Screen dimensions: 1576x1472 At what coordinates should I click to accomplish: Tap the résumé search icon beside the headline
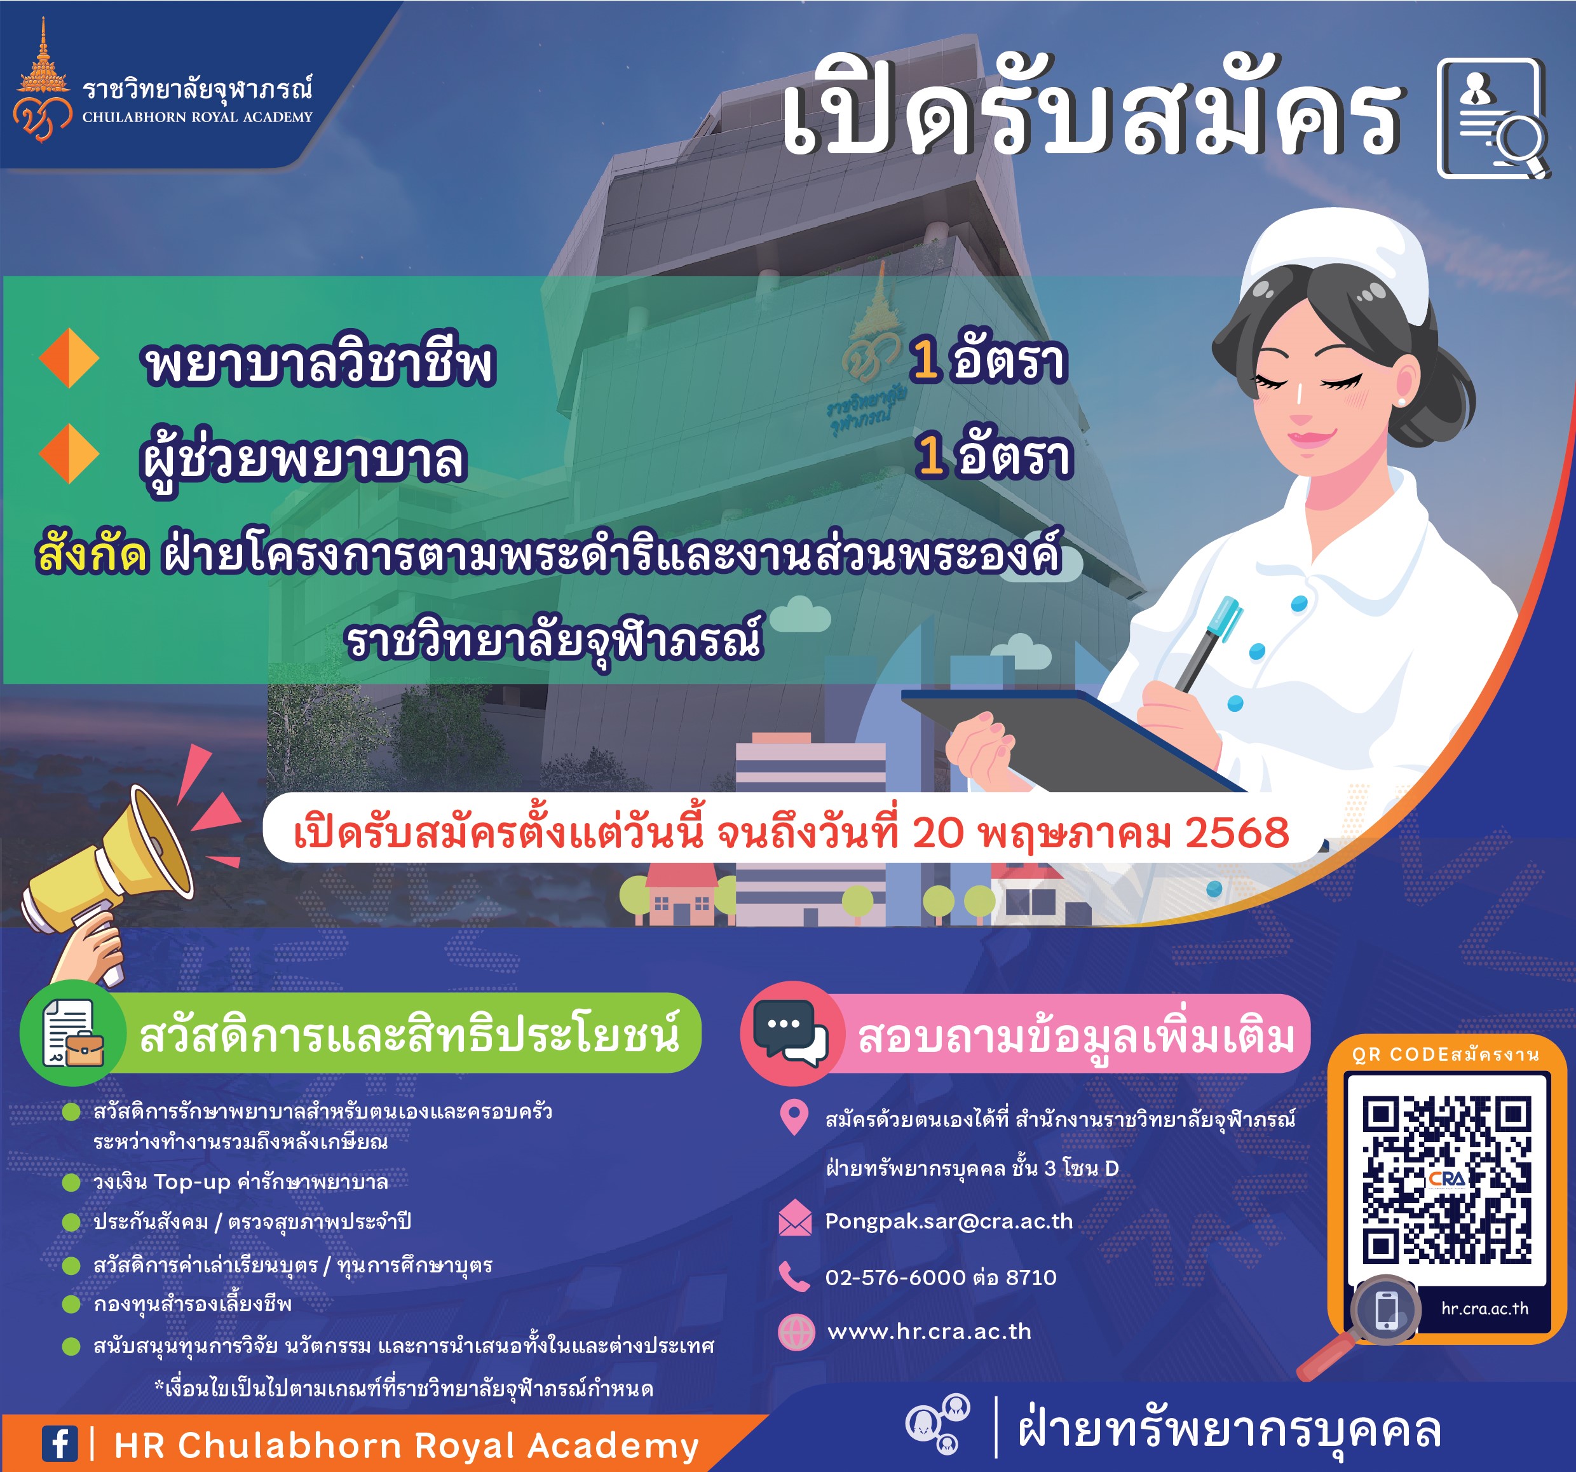[1492, 118]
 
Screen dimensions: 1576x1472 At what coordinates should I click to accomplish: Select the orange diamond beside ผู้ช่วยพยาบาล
[69, 453]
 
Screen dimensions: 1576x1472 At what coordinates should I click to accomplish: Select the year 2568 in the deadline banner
[1237, 833]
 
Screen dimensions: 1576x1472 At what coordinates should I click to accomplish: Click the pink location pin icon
[794, 1118]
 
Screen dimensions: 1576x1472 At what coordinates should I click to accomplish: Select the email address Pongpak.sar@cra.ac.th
[949, 1222]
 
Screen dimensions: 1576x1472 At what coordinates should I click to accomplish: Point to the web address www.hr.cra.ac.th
[929, 1332]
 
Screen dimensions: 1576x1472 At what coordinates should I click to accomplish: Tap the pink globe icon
[796, 1332]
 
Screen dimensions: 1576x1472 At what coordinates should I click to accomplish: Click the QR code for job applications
[1447, 1179]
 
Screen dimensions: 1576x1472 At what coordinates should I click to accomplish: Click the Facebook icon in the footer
[60, 1443]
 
